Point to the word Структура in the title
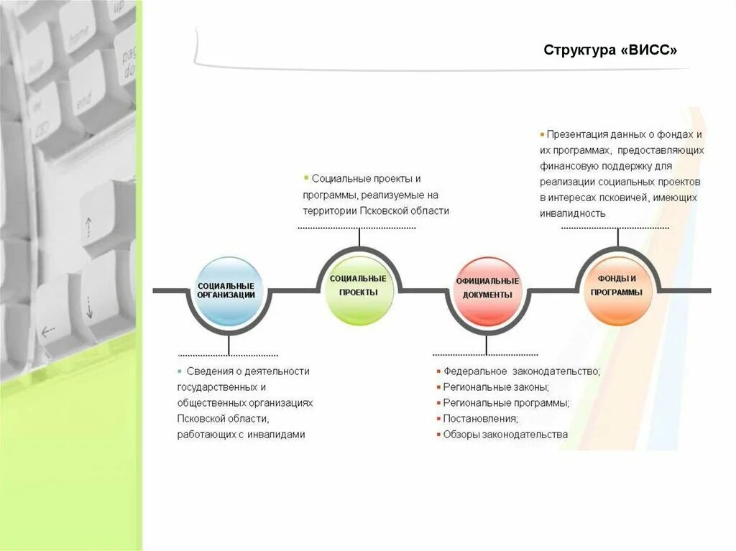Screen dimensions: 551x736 [x=579, y=51]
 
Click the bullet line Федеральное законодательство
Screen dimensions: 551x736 [x=521, y=371]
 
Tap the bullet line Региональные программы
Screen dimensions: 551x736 [x=506, y=403]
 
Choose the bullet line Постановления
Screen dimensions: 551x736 [x=480, y=419]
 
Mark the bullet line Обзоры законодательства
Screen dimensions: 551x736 [x=505, y=435]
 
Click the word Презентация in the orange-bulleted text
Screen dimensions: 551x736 [x=576, y=134]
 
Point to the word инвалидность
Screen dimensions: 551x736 [x=573, y=213]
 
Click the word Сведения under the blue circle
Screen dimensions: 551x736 [x=208, y=371]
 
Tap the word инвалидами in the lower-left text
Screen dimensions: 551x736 [x=277, y=435]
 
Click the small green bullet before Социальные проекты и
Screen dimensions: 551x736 [x=305, y=177]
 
